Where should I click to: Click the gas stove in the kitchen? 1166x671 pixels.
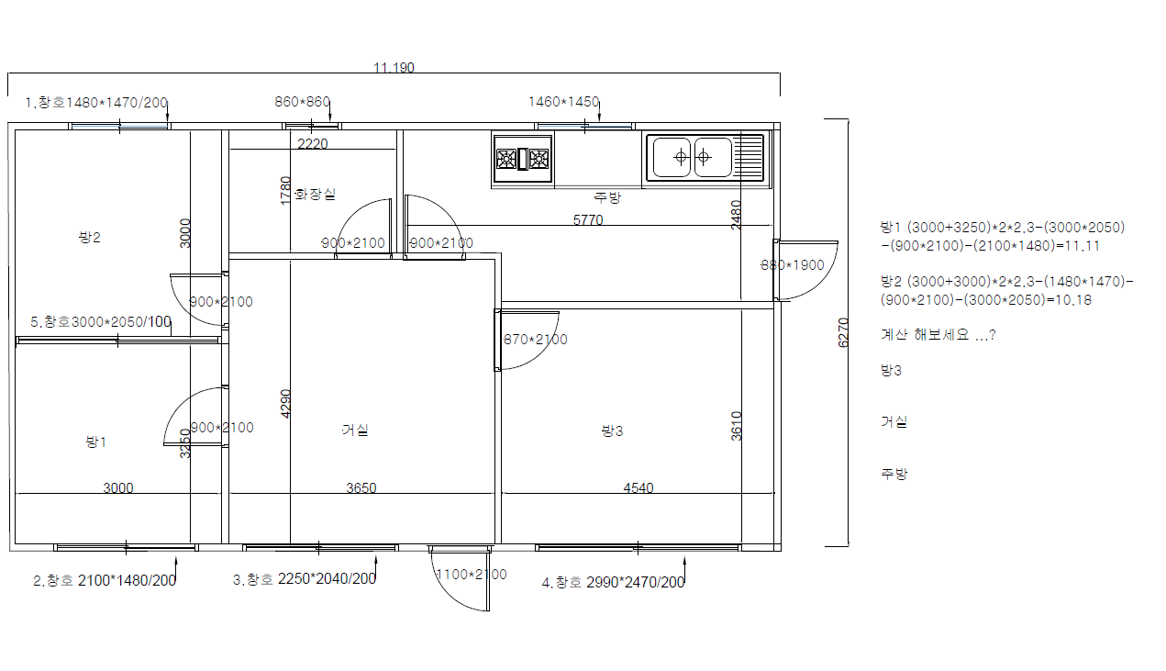pyautogui.click(x=522, y=159)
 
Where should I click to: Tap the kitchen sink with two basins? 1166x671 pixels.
pyautogui.click(x=706, y=157)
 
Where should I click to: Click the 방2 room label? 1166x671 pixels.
pyautogui.click(x=90, y=238)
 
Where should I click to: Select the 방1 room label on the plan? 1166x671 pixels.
pyautogui.click(x=95, y=442)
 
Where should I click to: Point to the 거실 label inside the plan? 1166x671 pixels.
pyautogui.click(x=355, y=430)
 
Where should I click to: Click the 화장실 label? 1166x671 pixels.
pyautogui.click(x=316, y=195)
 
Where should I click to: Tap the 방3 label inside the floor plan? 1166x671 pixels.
pyautogui.click(x=612, y=431)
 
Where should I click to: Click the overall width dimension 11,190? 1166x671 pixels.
pyautogui.click(x=394, y=68)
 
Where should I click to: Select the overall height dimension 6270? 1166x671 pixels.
pyautogui.click(x=843, y=332)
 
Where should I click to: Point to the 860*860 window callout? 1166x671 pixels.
pyautogui.click(x=303, y=102)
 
